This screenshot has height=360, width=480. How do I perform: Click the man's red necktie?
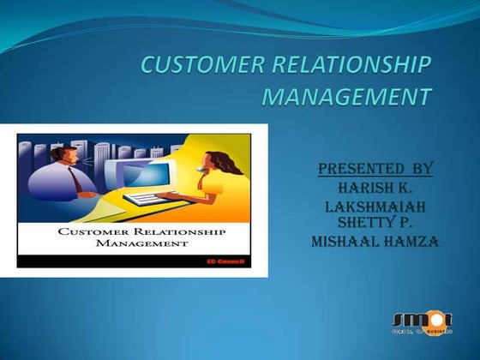coord(78,181)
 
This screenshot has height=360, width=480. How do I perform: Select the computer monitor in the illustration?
coord(146,176)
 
